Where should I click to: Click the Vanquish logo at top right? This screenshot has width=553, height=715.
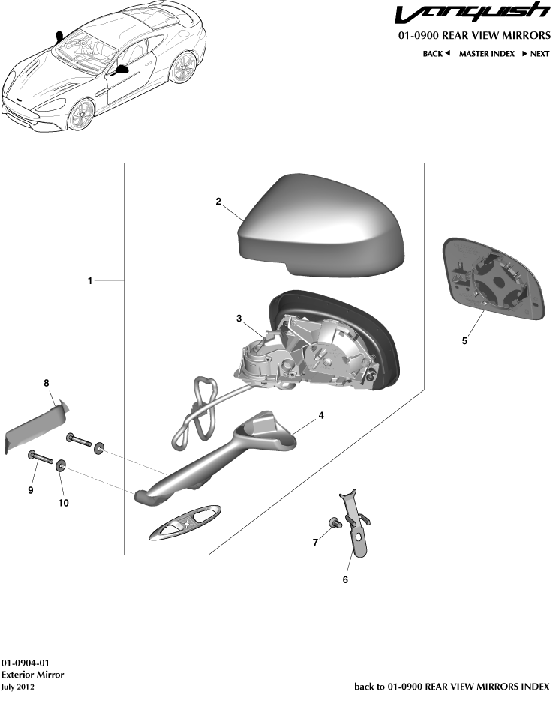(x=473, y=13)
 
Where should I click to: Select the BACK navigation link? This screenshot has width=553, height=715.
(x=437, y=54)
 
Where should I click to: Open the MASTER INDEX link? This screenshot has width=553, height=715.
(x=487, y=54)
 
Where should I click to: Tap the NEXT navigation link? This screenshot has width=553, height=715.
(x=536, y=54)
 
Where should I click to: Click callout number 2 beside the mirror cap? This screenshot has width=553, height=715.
(x=218, y=201)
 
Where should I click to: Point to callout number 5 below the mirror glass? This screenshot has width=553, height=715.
(x=464, y=340)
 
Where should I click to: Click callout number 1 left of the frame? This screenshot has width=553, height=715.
(x=90, y=281)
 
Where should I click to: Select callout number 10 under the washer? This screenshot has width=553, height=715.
(x=63, y=502)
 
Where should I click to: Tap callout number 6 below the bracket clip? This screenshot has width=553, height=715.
(x=345, y=579)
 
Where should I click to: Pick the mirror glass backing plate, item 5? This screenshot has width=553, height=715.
(x=494, y=279)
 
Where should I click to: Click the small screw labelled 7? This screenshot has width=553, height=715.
(x=333, y=523)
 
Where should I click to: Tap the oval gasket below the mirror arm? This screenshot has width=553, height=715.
(x=185, y=522)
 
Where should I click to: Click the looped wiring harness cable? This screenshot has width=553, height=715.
(x=197, y=413)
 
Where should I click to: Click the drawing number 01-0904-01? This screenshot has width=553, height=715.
(x=25, y=663)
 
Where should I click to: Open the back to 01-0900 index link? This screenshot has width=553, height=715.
(x=452, y=687)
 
